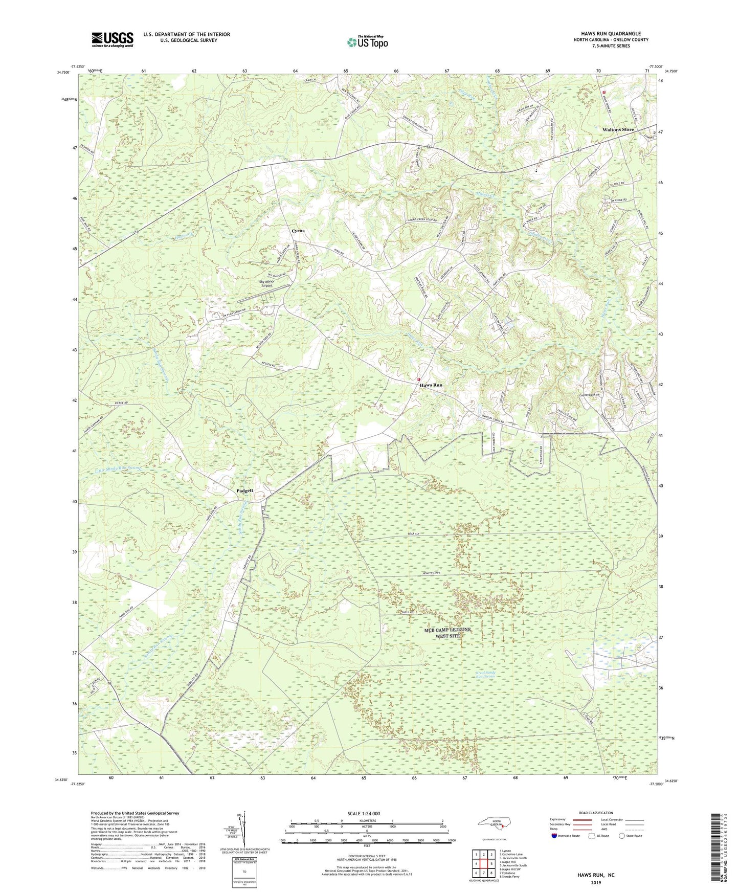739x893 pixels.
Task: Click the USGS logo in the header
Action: click(113, 39)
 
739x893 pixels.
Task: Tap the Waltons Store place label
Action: click(618, 130)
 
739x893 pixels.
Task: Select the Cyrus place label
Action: click(298, 231)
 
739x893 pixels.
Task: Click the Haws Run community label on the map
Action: click(431, 385)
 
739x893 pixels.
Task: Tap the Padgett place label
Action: click(245, 490)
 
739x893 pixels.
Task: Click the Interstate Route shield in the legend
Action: click(555, 836)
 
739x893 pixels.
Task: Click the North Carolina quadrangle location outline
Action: click(492, 823)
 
